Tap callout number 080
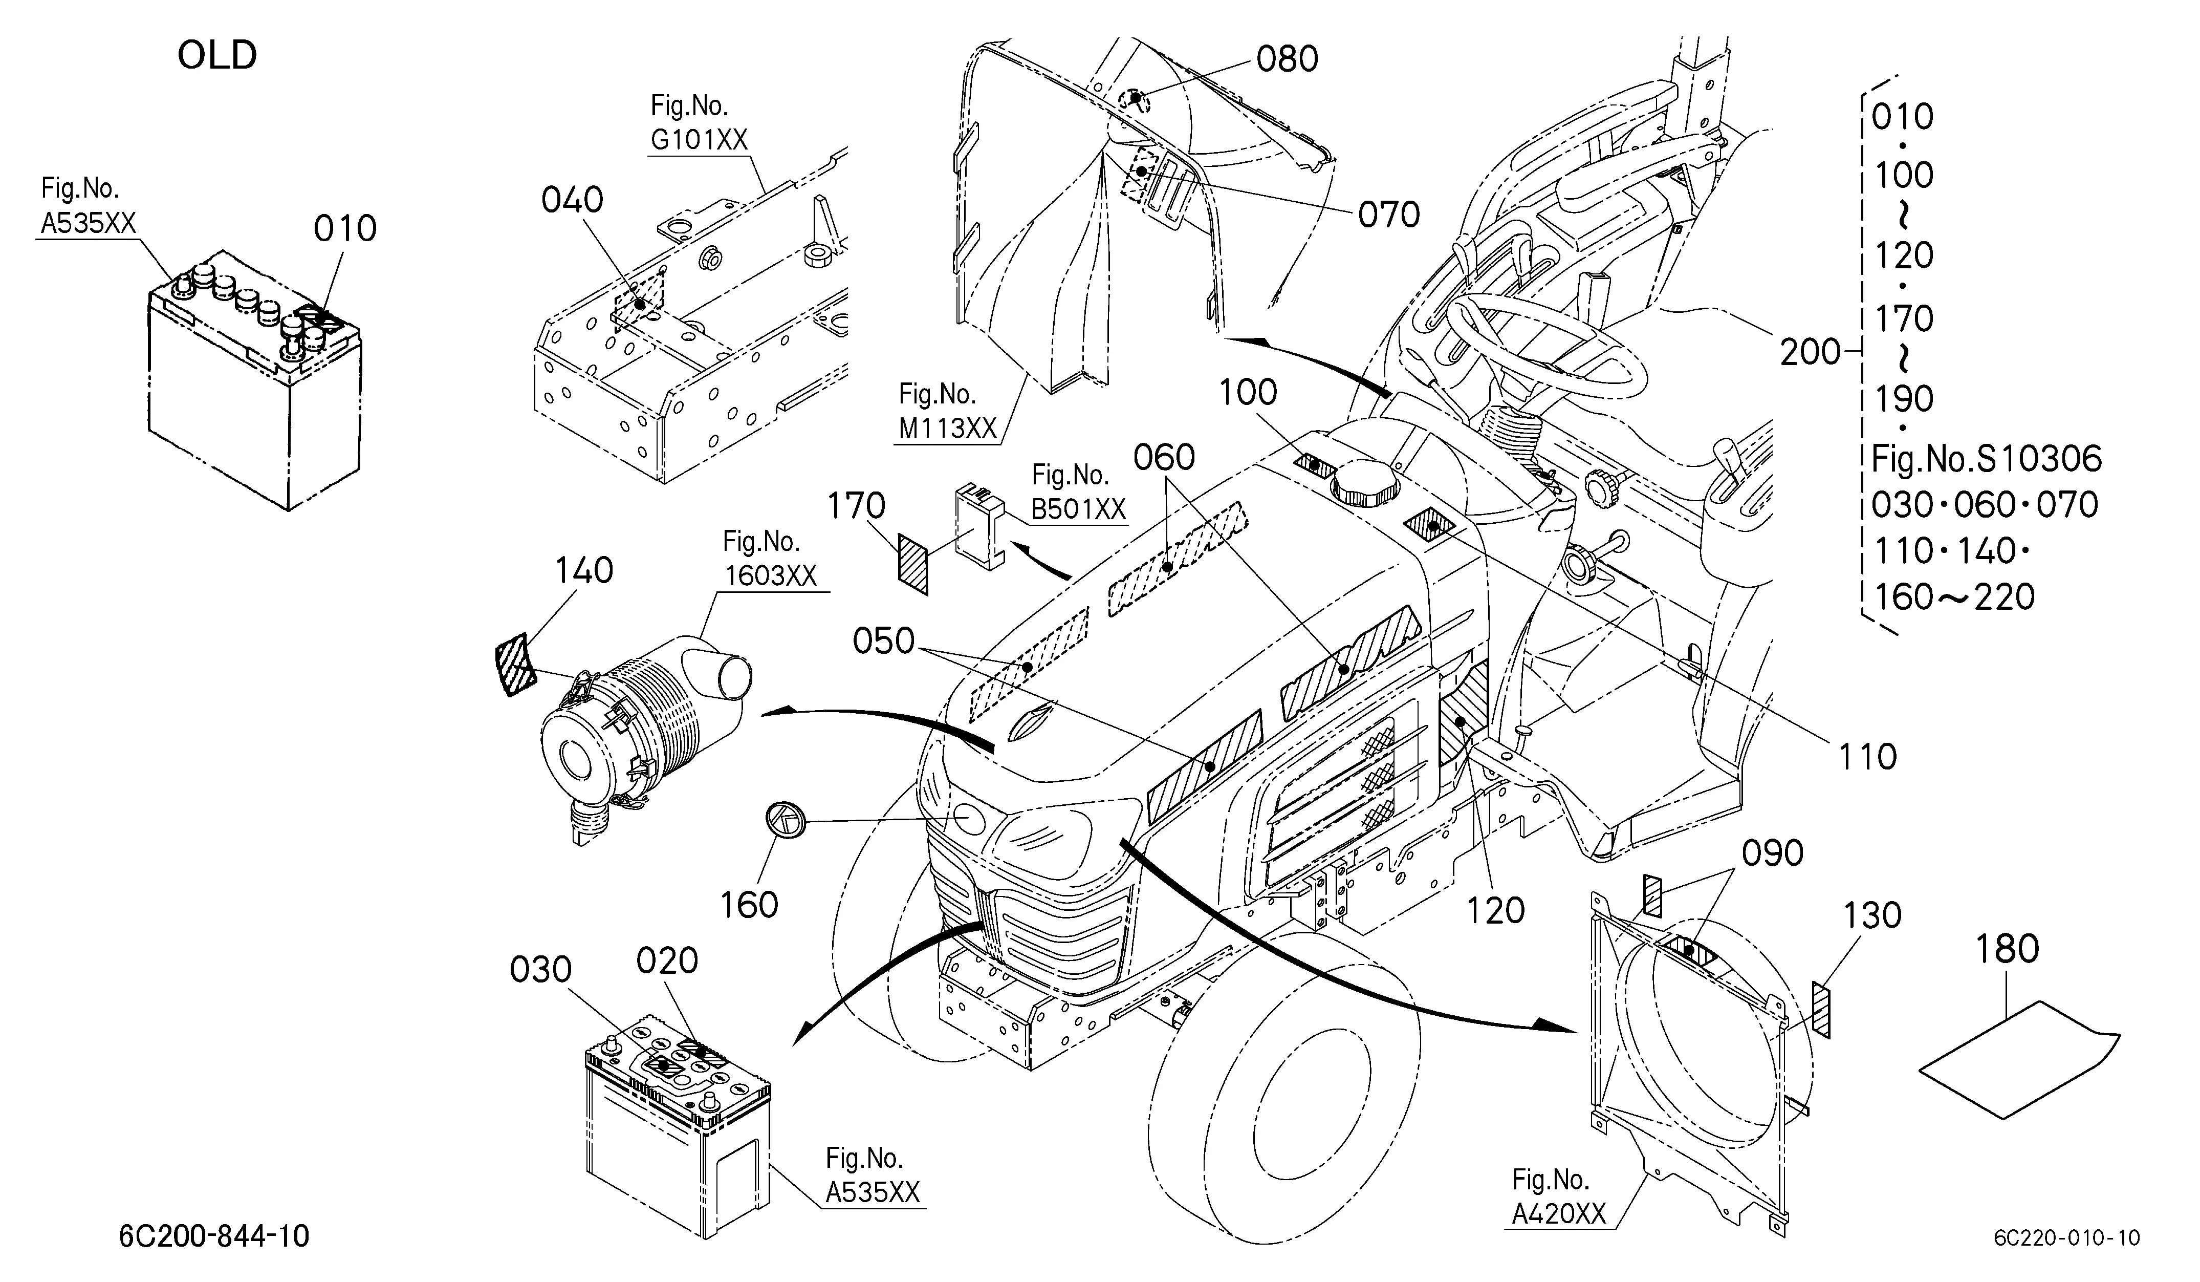(x=1287, y=59)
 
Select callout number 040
(x=572, y=201)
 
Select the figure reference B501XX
(x=1079, y=509)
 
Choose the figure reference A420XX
(x=1559, y=1214)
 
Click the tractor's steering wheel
(x=1546, y=346)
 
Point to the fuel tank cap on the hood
(x=1364, y=483)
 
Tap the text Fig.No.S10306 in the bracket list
(x=1986, y=459)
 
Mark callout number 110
(x=1867, y=757)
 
